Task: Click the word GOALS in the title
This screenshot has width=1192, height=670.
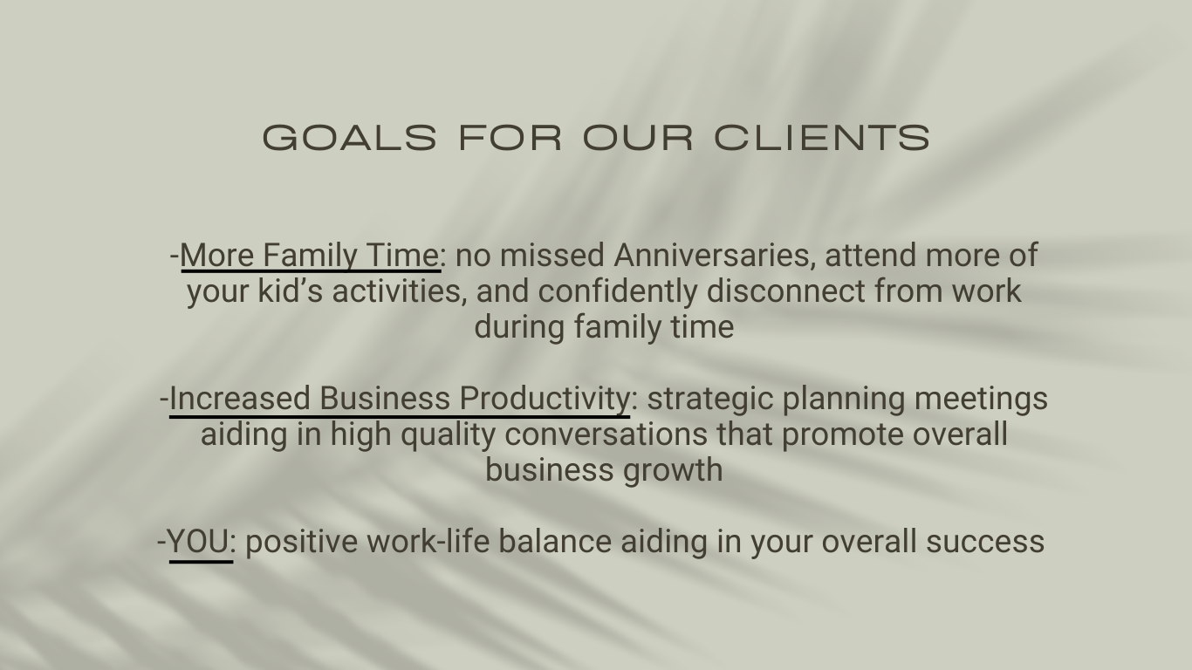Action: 350,138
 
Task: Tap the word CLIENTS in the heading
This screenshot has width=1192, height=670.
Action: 822,138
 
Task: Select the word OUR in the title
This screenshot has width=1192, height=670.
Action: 638,138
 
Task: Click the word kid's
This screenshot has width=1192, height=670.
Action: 290,291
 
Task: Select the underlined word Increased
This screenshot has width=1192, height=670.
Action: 239,398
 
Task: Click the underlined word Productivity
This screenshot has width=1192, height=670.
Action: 545,400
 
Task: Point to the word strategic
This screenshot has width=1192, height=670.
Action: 710,400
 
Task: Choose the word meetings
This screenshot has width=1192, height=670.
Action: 981,400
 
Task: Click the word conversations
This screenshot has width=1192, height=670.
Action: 606,434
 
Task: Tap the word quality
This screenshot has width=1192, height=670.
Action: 448,434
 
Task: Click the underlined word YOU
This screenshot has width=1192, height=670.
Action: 198,542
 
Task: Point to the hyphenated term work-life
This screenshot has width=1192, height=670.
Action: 428,541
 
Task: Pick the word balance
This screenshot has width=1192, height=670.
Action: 555,541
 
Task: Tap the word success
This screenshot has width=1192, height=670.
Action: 985,542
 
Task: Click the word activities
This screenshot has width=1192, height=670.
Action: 400,291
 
